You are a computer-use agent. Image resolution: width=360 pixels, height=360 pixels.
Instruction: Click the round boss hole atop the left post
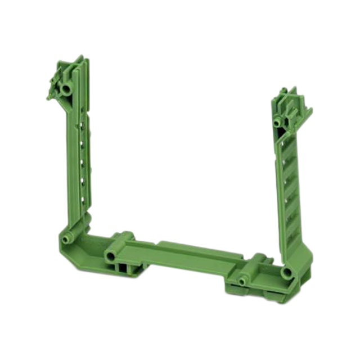67,89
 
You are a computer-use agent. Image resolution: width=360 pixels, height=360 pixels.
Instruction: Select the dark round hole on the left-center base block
110,256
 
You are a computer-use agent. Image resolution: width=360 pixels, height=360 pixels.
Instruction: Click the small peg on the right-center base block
244,281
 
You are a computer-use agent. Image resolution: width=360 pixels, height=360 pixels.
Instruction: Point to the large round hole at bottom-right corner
287,273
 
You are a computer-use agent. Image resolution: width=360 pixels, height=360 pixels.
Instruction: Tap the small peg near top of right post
277,123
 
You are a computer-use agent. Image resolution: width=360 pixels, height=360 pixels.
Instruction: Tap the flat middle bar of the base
186,256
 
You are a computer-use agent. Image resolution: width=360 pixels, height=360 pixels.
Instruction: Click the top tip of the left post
79,58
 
